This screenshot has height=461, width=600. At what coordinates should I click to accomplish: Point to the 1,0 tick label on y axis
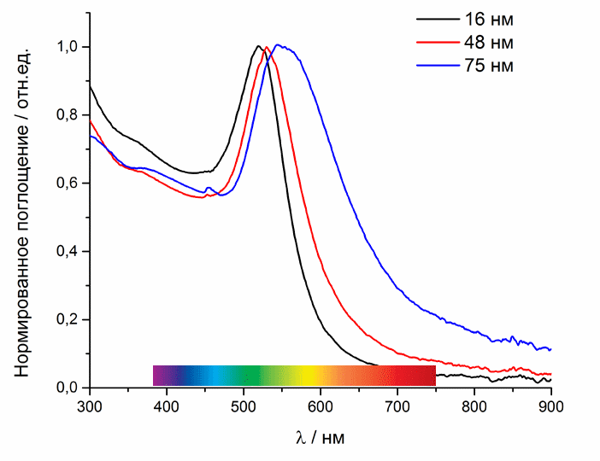(x=68, y=47)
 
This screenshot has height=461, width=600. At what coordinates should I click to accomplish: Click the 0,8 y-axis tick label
(x=68, y=115)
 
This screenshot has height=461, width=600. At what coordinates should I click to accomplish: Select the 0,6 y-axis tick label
(x=68, y=184)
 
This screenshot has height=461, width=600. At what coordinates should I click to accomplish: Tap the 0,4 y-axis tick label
(x=68, y=252)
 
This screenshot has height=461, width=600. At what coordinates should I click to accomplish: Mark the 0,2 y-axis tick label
(x=68, y=320)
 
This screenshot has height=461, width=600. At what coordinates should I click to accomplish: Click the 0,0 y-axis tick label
(x=68, y=388)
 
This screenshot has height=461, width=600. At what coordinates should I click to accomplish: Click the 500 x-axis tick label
(x=244, y=406)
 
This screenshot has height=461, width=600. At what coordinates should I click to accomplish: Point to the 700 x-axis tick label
(x=397, y=406)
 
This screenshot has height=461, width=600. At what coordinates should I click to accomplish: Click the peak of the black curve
(x=258, y=46)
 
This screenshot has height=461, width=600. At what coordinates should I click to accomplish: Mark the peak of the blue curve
(x=279, y=45)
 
